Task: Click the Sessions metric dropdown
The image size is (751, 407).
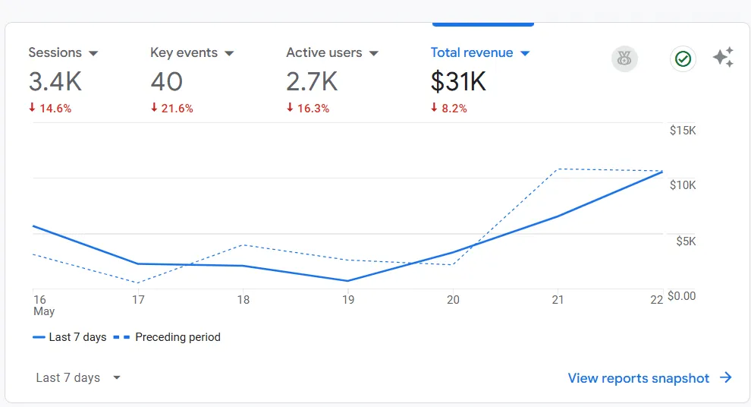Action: tap(64, 53)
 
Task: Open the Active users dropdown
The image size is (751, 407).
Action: tap(332, 53)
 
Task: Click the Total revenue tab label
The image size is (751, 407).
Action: tap(472, 53)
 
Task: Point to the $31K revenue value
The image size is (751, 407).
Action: tap(458, 81)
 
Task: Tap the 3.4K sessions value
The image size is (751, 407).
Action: tap(55, 81)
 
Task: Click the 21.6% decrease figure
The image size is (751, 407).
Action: tap(177, 109)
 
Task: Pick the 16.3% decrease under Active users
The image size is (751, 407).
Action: tap(313, 109)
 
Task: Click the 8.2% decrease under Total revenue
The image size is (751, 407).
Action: tap(454, 109)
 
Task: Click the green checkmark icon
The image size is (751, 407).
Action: tap(683, 58)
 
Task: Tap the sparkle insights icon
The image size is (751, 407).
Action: tap(723, 58)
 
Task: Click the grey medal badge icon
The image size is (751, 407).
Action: tap(624, 58)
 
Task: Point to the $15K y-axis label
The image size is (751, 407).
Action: tap(682, 131)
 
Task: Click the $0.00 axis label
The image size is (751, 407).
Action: tap(681, 296)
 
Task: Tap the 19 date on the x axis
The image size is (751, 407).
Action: tap(348, 300)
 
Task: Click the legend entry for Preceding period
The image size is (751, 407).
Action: tap(168, 337)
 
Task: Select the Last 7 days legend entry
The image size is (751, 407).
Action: tap(70, 337)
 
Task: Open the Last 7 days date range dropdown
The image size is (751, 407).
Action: tap(78, 378)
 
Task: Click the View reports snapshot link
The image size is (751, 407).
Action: tap(649, 378)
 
